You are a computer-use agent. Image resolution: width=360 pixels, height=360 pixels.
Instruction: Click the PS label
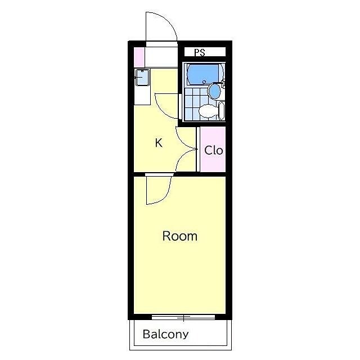tap(200, 52)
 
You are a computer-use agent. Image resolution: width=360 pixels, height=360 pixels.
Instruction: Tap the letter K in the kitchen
tap(159, 143)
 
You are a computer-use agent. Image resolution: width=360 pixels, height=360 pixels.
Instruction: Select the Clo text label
tap(214, 150)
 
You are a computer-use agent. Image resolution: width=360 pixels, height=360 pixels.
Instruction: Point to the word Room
tap(180, 236)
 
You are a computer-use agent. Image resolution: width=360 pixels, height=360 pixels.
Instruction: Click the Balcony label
tap(165, 334)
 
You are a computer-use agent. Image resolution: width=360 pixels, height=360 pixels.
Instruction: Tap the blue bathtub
tap(204, 74)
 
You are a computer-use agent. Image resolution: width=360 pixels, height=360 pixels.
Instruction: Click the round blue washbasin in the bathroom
tap(214, 91)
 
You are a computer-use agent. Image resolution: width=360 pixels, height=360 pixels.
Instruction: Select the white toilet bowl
tap(208, 111)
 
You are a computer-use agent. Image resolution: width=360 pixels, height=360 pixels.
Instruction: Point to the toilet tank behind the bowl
tap(221, 111)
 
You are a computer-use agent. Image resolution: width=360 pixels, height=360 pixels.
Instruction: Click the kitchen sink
tap(142, 78)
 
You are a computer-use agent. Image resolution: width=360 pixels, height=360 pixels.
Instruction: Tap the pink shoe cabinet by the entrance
tap(139, 57)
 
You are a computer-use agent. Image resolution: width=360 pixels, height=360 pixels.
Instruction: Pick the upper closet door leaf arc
tap(183, 142)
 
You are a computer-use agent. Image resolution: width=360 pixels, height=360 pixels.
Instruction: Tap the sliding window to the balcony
tap(183, 317)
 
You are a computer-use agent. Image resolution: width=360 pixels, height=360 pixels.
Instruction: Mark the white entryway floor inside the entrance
tap(161, 57)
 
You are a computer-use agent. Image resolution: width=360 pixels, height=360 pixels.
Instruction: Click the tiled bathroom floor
tap(196, 104)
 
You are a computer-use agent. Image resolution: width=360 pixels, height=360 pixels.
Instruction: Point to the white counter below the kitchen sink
tap(142, 96)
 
